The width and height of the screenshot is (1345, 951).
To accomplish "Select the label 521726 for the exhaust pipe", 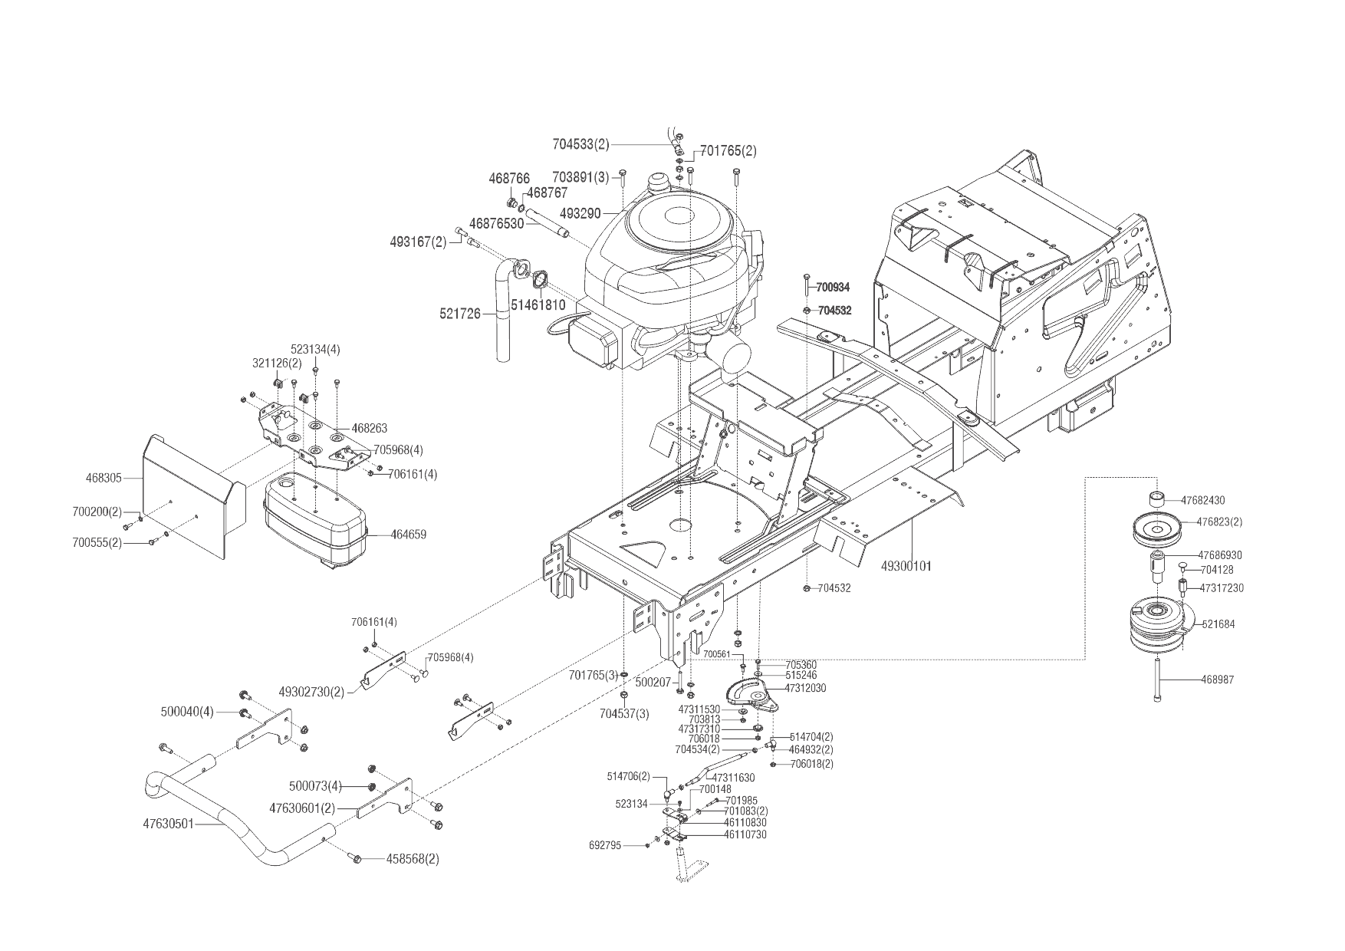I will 460,314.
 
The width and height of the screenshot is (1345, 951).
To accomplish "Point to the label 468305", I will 104,479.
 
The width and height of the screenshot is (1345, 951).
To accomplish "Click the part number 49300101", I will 906,567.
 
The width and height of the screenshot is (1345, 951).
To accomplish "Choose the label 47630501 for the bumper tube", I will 168,824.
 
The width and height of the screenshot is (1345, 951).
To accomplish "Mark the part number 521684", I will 1218,624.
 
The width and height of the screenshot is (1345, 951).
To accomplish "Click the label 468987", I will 1218,680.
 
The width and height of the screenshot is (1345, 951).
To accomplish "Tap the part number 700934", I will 833,288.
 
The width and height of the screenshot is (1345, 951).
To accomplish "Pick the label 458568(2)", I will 413,859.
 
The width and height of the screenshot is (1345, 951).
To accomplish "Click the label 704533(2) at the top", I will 580,143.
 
